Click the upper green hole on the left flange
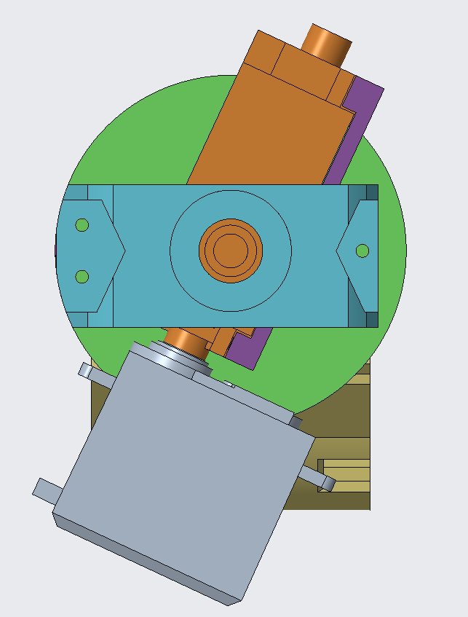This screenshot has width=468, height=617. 82,224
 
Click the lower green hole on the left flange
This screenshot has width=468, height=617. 82,276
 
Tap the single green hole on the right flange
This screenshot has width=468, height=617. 362,251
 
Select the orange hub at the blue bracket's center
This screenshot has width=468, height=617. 230,250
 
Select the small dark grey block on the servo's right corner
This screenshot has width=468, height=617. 296,421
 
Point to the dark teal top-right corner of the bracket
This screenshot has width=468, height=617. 371,192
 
